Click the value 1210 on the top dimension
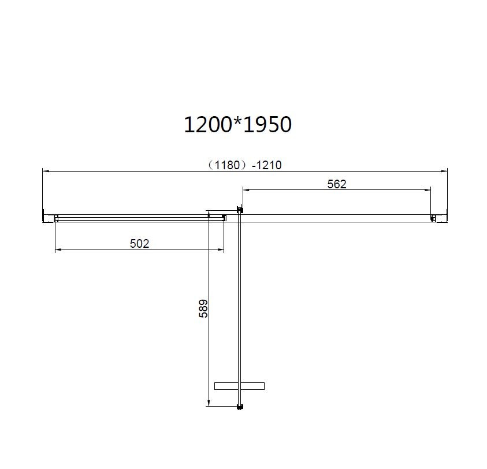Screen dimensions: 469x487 (x=269, y=166)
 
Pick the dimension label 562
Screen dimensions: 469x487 (x=336, y=184)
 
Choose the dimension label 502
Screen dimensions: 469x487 (x=139, y=244)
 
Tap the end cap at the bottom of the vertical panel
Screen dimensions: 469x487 (x=240, y=407)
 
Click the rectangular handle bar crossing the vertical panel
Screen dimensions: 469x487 (x=239, y=385)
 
